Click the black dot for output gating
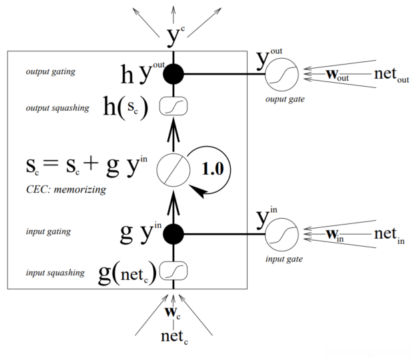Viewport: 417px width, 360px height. click(173, 74)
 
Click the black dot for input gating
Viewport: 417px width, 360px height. click(173, 234)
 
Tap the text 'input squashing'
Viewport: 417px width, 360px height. click(55, 273)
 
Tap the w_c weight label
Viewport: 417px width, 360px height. click(173, 311)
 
